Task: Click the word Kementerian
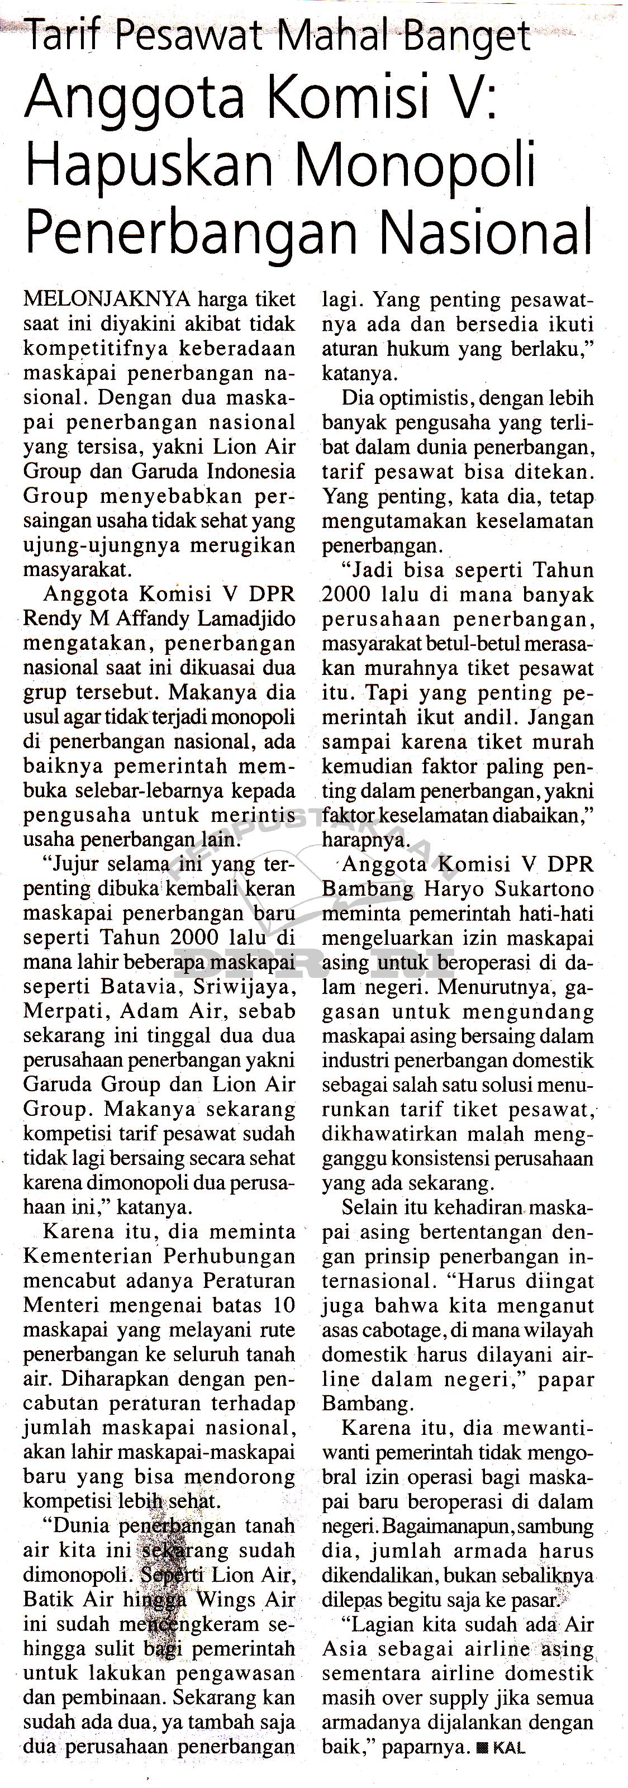coord(87,1256)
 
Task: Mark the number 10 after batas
coord(284,1305)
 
